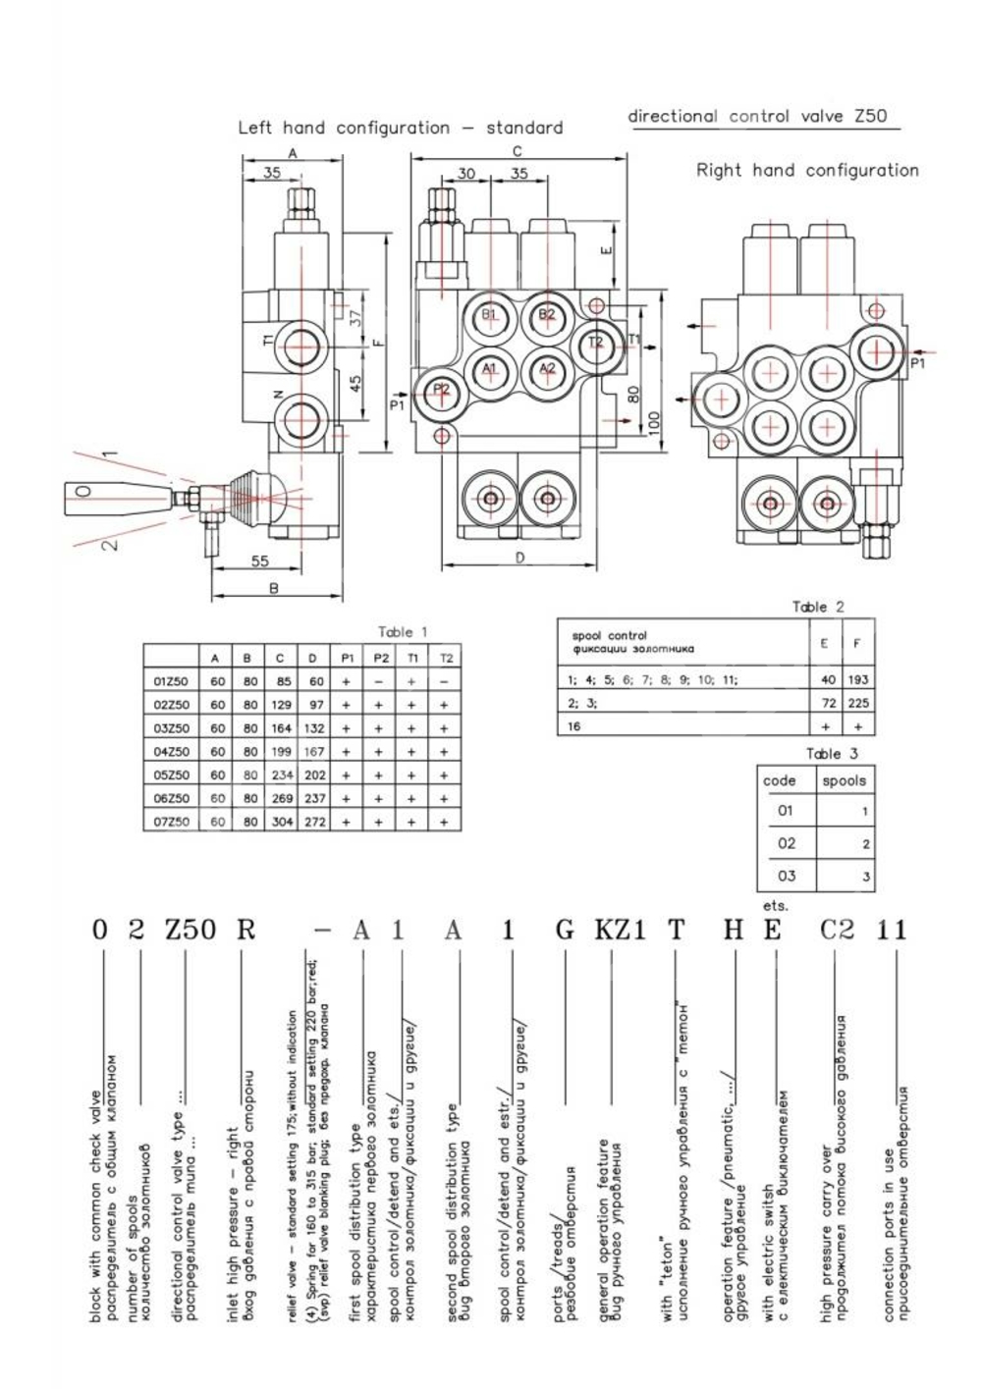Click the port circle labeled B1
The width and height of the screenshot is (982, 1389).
click(490, 315)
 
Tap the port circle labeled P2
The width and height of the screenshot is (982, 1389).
click(442, 390)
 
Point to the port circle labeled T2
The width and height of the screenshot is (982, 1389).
click(595, 343)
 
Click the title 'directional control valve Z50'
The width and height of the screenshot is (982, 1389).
click(757, 116)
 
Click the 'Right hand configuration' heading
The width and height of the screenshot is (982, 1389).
click(807, 170)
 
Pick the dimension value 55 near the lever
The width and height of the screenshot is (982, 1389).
click(259, 561)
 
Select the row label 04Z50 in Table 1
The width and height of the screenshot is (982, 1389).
click(171, 752)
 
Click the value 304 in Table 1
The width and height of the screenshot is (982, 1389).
click(283, 823)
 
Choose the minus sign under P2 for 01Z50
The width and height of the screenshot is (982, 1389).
click(379, 681)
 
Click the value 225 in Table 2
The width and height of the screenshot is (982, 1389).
click(859, 704)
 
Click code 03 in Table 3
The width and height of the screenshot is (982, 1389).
click(786, 876)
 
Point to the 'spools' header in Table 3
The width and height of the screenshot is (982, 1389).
click(844, 781)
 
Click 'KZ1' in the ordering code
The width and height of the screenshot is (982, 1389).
click(620, 930)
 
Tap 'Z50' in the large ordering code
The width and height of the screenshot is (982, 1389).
click(191, 930)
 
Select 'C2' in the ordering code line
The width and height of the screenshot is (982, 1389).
click(837, 930)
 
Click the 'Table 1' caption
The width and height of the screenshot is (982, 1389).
click(403, 632)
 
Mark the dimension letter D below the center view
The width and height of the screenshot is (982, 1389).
click(519, 557)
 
